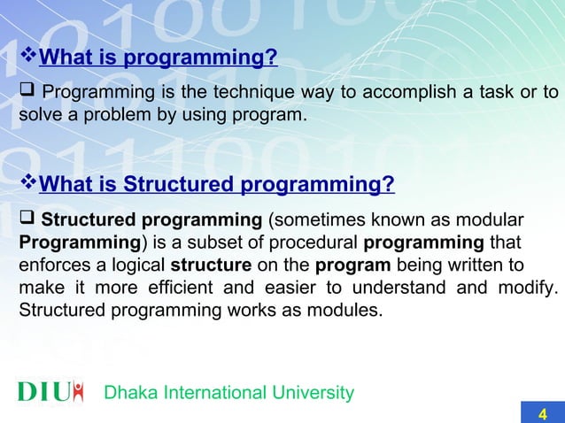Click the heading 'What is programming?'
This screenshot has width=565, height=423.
pyautogui.click(x=159, y=59)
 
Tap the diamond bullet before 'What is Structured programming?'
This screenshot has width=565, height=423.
pyautogui.click(x=28, y=184)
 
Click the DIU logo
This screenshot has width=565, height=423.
pyautogui.click(x=51, y=391)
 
